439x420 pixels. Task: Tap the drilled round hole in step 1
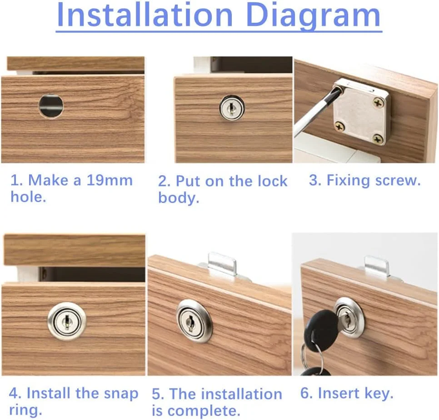[x=51, y=106]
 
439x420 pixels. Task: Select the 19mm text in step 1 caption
[x=109, y=180]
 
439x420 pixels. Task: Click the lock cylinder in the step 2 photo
[x=231, y=108]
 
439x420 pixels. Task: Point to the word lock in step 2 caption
[x=272, y=181]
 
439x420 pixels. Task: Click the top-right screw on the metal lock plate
[x=379, y=103]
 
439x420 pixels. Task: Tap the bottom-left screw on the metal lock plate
[x=340, y=127]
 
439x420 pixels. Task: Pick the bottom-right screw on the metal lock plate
[x=378, y=138]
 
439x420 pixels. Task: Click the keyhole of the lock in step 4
[x=67, y=320]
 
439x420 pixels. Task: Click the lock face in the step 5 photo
[x=194, y=321]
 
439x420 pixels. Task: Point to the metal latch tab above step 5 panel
[x=222, y=263]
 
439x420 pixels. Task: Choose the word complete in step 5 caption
[x=204, y=412]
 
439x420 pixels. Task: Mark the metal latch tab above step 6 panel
[x=377, y=265]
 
